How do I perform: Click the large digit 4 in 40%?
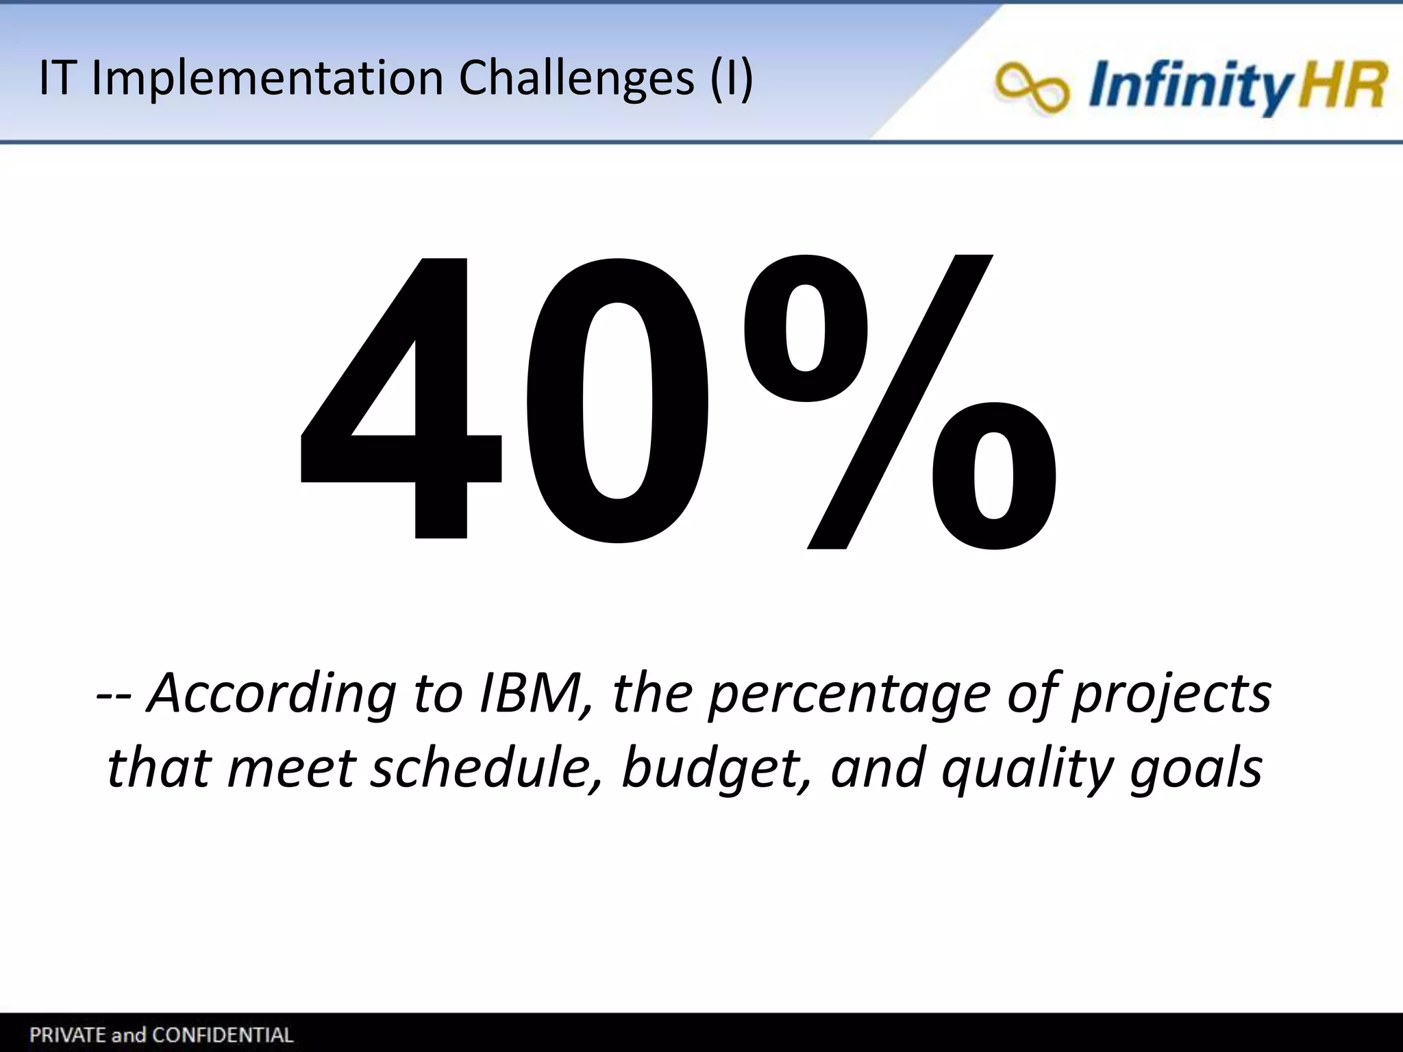[x=404, y=411]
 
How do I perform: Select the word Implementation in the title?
[x=267, y=78]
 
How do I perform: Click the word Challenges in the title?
[x=576, y=78]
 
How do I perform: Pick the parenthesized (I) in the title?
[x=731, y=78]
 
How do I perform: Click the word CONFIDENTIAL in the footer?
[x=223, y=1034]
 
